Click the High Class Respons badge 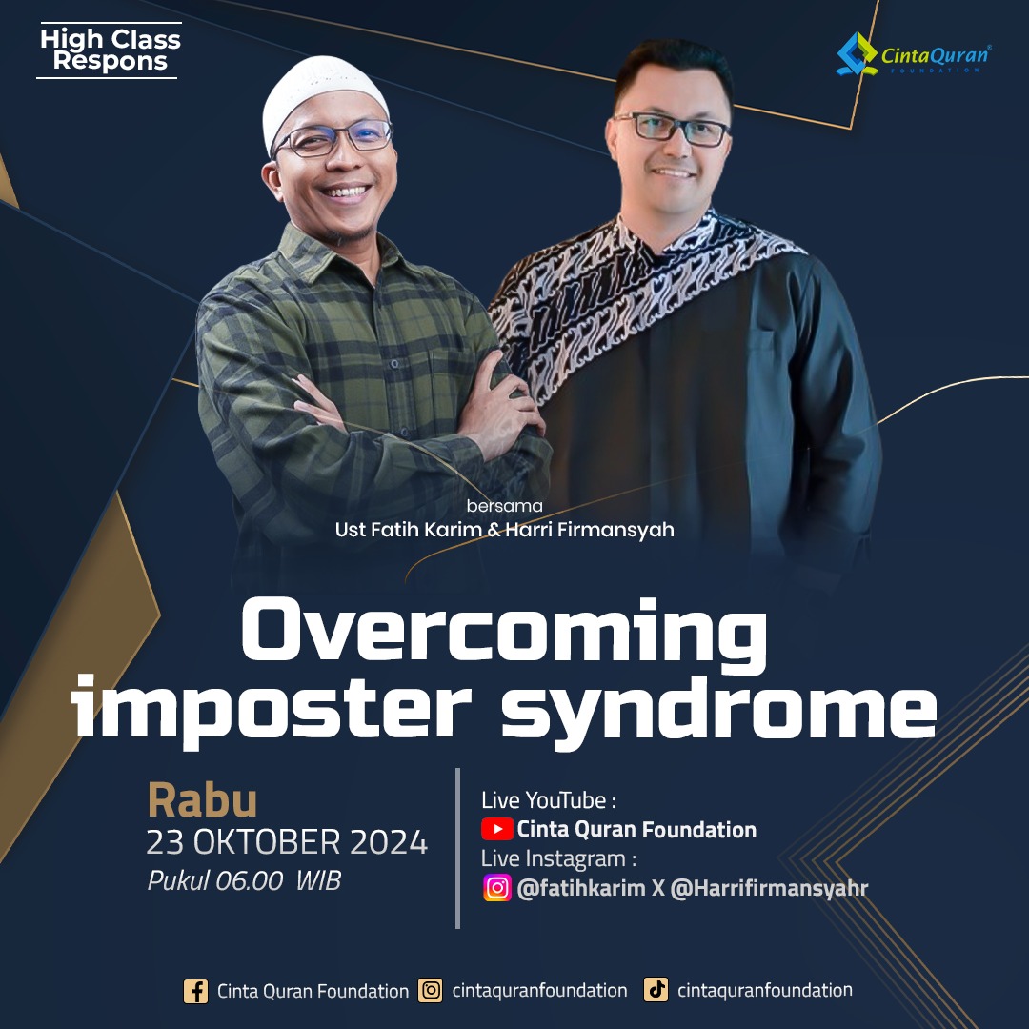[109, 50]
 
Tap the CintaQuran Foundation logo [914, 54]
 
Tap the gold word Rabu [202, 800]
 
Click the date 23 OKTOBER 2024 [287, 842]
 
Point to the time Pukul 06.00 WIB [244, 880]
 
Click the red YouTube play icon [496, 830]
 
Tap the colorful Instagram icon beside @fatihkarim [497, 888]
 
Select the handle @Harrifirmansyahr [769, 889]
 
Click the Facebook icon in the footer [195, 991]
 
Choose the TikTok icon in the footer [656, 990]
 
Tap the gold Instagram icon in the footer [431, 990]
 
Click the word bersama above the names [504, 506]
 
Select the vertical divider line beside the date [457, 848]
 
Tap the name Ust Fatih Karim [408, 530]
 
